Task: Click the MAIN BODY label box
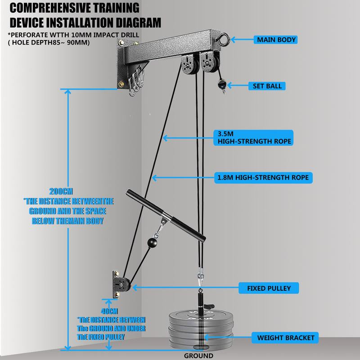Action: click(x=276, y=40)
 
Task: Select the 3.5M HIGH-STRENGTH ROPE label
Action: click(x=254, y=137)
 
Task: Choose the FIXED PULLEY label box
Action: click(x=269, y=287)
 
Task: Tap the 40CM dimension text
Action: click(x=109, y=311)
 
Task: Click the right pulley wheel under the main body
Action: click(x=208, y=62)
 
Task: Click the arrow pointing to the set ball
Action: click(x=239, y=85)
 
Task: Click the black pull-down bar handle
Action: click(x=167, y=216)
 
